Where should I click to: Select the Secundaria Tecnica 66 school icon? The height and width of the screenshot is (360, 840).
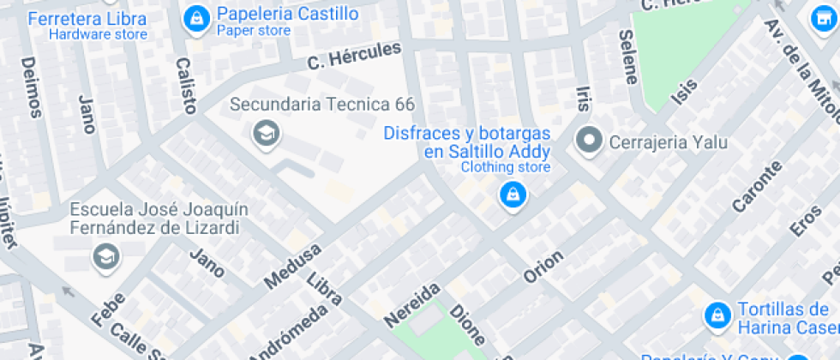pos(266,133)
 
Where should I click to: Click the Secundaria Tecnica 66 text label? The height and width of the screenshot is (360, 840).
pos(322,105)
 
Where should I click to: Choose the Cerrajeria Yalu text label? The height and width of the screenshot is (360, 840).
pos(668,141)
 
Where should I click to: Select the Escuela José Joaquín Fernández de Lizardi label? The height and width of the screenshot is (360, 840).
pos(154,219)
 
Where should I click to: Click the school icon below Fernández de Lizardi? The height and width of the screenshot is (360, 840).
pos(106,255)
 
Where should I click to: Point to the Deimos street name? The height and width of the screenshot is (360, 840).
pos(31,87)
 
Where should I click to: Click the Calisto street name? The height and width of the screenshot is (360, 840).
pos(185,86)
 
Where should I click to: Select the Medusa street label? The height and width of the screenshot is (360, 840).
pos(292,265)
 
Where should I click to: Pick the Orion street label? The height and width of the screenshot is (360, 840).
pos(543,267)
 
